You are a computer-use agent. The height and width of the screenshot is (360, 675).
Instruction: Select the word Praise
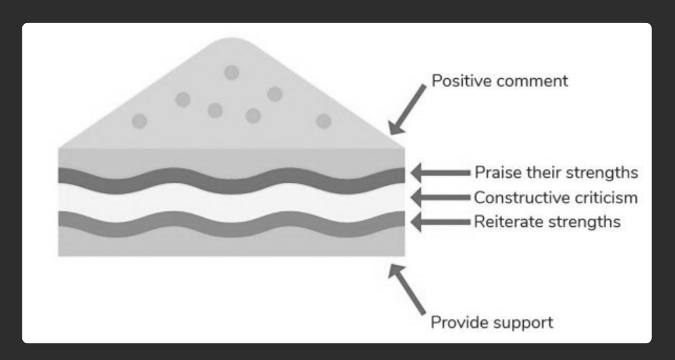(496, 172)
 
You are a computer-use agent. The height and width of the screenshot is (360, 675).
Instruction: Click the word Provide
(457, 322)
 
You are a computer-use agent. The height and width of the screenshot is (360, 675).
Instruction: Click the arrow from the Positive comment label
(407, 109)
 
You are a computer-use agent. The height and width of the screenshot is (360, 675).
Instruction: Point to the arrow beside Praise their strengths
(441, 173)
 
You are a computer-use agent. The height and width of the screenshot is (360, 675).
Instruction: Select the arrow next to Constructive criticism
(441, 197)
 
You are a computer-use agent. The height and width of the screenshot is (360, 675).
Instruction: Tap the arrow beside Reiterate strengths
(441, 222)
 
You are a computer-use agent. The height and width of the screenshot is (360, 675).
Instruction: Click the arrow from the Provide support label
(407, 290)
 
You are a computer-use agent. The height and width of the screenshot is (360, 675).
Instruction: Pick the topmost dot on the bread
(232, 73)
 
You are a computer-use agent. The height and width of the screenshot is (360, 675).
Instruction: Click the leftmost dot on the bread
(139, 122)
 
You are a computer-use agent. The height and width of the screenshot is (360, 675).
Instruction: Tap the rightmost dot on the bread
(324, 122)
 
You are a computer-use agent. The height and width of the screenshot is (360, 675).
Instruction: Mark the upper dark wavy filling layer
(232, 180)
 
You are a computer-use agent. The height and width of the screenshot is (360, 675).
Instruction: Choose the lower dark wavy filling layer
(232, 224)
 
